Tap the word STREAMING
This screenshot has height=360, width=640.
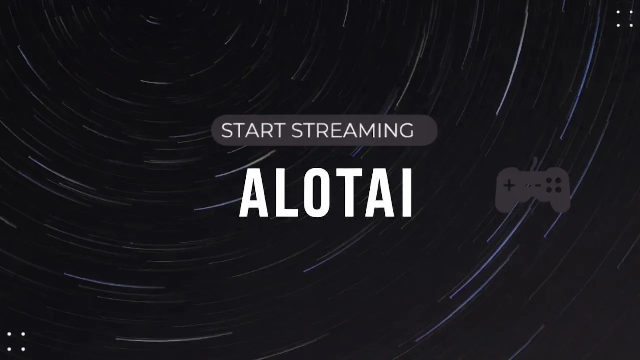click(x=352, y=130)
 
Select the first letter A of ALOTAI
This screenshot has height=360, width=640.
click(x=253, y=193)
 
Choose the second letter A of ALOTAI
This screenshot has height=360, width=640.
click(x=378, y=193)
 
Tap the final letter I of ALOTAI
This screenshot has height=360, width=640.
click(x=406, y=193)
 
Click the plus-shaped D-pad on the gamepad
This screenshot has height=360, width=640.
click(x=509, y=186)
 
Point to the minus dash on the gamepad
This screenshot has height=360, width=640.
click(x=537, y=185)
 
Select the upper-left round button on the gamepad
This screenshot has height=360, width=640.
click(x=549, y=181)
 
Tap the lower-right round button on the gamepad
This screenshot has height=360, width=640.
click(x=558, y=189)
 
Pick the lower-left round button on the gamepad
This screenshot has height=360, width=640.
click(x=549, y=189)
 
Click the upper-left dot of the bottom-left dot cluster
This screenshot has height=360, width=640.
click(x=9, y=334)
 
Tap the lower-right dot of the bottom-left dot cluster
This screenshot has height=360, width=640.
click(x=23, y=349)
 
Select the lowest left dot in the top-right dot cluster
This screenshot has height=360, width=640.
click(x=618, y=25)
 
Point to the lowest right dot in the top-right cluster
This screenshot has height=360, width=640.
click(x=631, y=25)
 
